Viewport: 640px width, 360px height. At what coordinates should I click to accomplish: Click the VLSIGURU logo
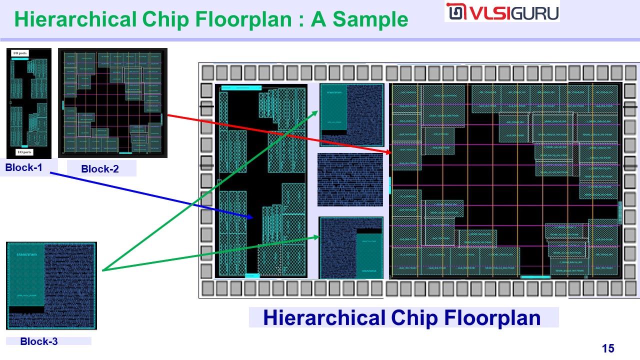pyautogui.click(x=501, y=12)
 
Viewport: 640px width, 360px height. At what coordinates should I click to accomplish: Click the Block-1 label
pyautogui.click(x=28, y=168)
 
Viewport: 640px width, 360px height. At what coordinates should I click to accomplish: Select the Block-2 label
pyautogui.click(x=100, y=169)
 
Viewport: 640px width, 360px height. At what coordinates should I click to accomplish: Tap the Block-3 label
pyautogui.click(x=39, y=342)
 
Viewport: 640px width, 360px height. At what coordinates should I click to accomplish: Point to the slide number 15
pyautogui.click(x=608, y=348)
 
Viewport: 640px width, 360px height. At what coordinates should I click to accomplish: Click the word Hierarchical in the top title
pyautogui.click(x=75, y=19)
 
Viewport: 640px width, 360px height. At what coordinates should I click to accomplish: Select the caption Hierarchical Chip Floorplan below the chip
pyautogui.click(x=402, y=318)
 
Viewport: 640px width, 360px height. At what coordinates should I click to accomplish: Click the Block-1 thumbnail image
pyautogui.click(x=29, y=103)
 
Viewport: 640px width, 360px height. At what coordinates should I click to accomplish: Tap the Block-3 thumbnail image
pyautogui.click(x=51, y=285)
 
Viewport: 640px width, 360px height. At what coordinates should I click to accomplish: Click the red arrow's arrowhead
pyautogui.click(x=390, y=151)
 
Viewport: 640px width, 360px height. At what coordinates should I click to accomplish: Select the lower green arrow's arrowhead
pyautogui.click(x=317, y=237)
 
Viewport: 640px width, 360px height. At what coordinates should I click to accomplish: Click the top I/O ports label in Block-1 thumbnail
pyautogui.click(x=20, y=53)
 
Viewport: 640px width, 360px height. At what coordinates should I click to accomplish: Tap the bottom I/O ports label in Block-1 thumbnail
pyautogui.click(x=25, y=152)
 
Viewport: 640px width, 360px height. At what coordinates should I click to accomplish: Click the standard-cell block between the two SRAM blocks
pyautogui.click(x=350, y=180)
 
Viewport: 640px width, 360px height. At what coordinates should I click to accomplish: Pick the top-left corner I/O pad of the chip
pyautogui.click(x=206, y=73)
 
